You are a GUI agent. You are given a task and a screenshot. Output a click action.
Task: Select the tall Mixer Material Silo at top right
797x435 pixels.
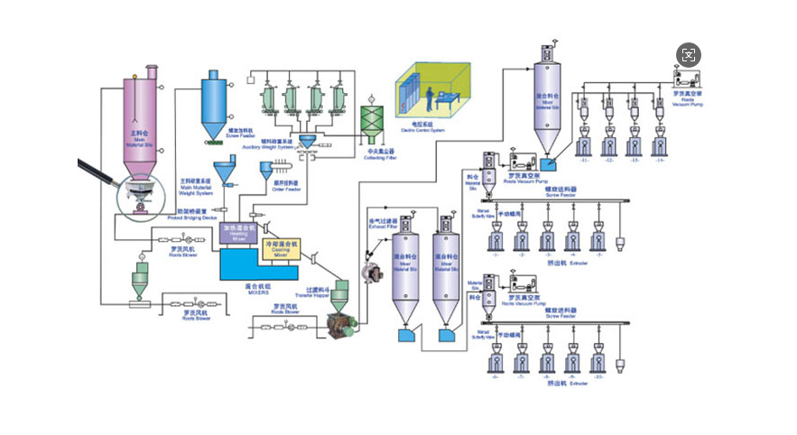547,99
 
